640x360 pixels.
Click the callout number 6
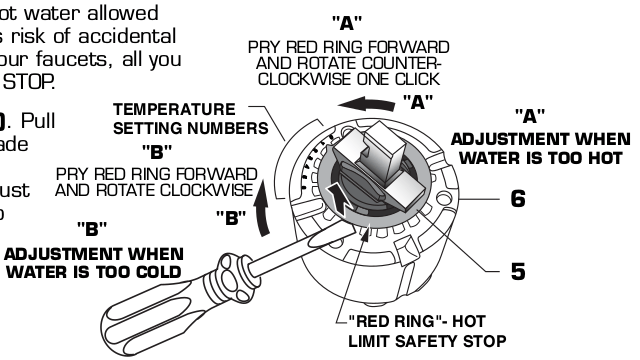[517, 199]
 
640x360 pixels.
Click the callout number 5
[517, 270]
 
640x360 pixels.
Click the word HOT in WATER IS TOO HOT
[606, 156]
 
